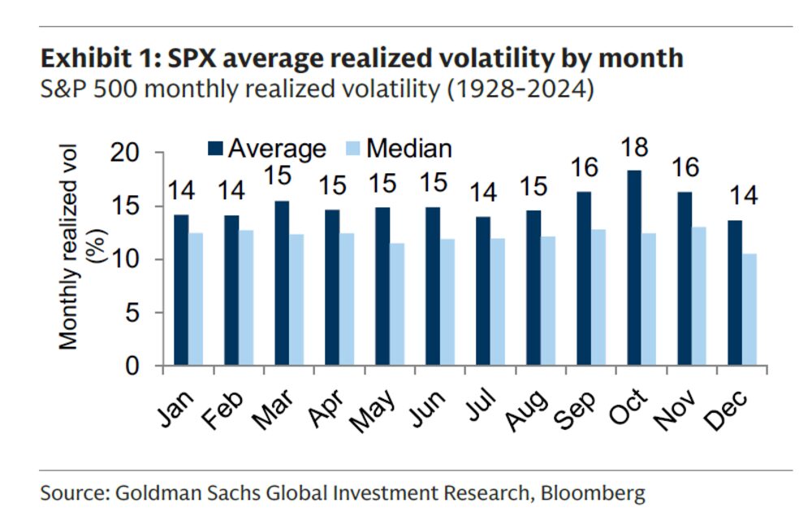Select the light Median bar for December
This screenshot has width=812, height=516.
point(748,310)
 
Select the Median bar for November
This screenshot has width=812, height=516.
point(698,297)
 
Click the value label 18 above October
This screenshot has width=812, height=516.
point(636,148)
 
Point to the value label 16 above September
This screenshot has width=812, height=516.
point(585,168)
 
